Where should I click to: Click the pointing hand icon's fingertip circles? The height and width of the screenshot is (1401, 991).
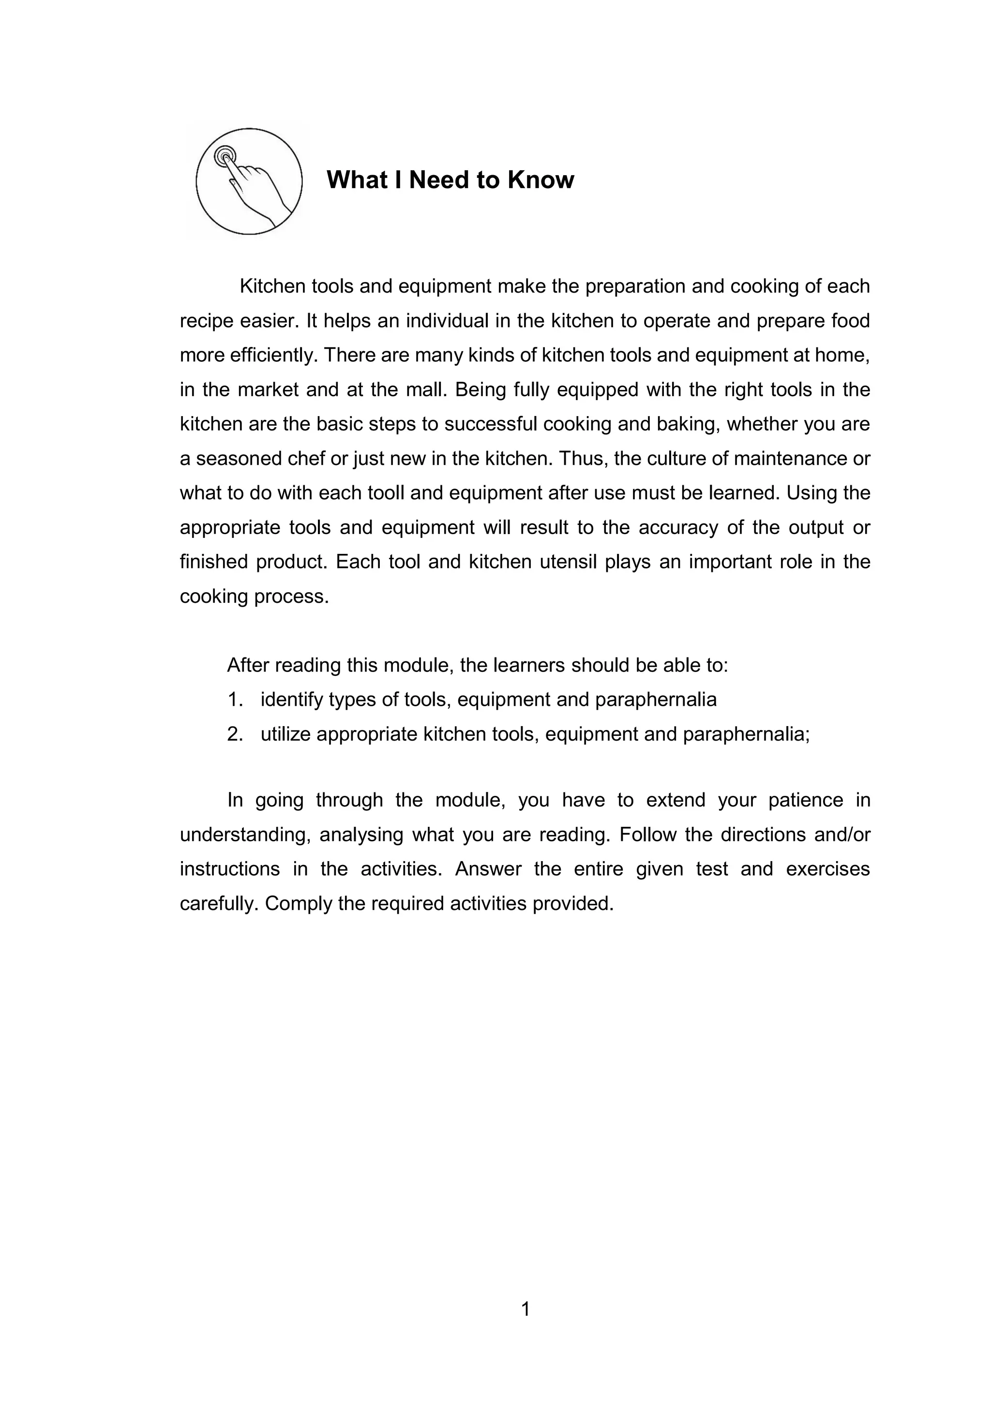pos(225,156)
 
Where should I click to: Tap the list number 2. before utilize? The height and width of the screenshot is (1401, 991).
pos(236,734)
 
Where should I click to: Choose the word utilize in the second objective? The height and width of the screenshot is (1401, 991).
pos(285,734)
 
